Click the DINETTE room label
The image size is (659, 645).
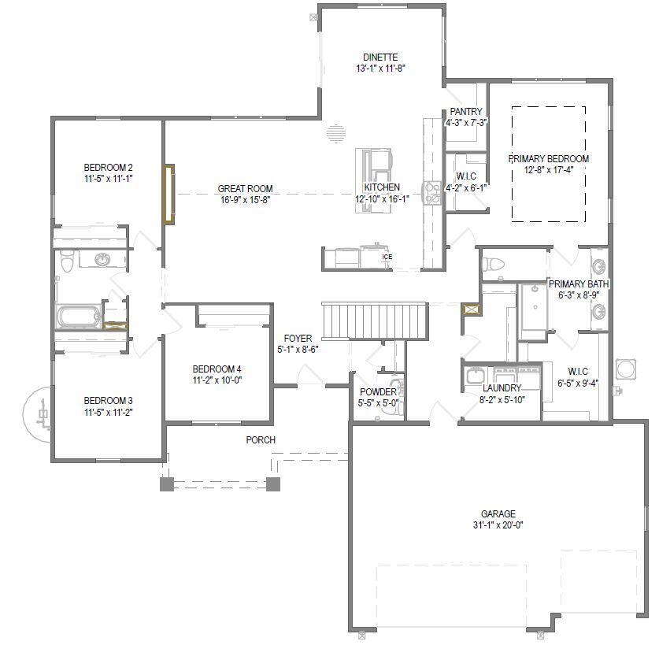point(380,57)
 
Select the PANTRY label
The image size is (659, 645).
point(466,112)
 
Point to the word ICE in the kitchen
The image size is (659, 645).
point(387,257)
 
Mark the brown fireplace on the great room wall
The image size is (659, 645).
point(168,194)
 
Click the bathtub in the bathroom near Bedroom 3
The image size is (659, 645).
point(78,317)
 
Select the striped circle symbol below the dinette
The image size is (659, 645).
point(336,135)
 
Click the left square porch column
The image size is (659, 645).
point(167,484)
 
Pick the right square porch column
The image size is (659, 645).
point(273,484)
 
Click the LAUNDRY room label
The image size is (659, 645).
point(502,388)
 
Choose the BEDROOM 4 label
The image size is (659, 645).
point(217,369)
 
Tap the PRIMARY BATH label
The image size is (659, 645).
point(579,284)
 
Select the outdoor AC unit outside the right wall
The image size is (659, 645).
point(627,369)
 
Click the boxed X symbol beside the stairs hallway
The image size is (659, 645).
point(472,310)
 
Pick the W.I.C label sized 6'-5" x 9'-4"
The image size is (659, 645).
point(578,372)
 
